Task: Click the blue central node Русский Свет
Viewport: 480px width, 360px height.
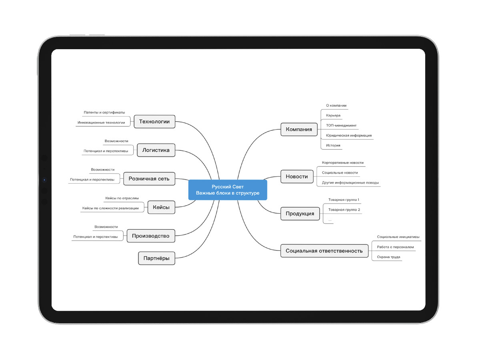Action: [x=228, y=190]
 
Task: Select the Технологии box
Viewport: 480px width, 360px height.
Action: [x=154, y=122]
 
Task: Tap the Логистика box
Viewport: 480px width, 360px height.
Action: [x=156, y=150]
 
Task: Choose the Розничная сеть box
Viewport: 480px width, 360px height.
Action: [x=149, y=179]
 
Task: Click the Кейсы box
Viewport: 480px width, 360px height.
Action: [x=161, y=207]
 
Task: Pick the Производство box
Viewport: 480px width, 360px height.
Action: [x=151, y=236]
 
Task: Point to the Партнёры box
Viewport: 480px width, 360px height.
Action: [x=156, y=258]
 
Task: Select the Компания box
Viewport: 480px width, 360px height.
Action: [x=299, y=129]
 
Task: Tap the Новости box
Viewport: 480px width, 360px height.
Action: [x=297, y=177]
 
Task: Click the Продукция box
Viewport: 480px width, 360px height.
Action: [x=300, y=214]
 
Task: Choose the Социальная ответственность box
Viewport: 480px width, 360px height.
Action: [x=324, y=251]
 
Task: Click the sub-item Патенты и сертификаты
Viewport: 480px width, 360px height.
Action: [x=104, y=112]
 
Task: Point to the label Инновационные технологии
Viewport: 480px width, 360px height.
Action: [x=101, y=123]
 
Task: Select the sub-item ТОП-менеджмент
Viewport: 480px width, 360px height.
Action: [x=341, y=126]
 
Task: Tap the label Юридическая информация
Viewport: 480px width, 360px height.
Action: [x=349, y=136]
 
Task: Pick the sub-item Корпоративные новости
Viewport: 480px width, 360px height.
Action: [x=343, y=163]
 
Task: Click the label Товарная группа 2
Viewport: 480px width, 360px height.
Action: [x=344, y=210]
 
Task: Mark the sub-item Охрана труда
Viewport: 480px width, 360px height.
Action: [x=388, y=257]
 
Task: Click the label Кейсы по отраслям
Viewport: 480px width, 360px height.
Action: [x=122, y=198]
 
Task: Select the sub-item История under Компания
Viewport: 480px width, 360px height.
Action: [x=333, y=145]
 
